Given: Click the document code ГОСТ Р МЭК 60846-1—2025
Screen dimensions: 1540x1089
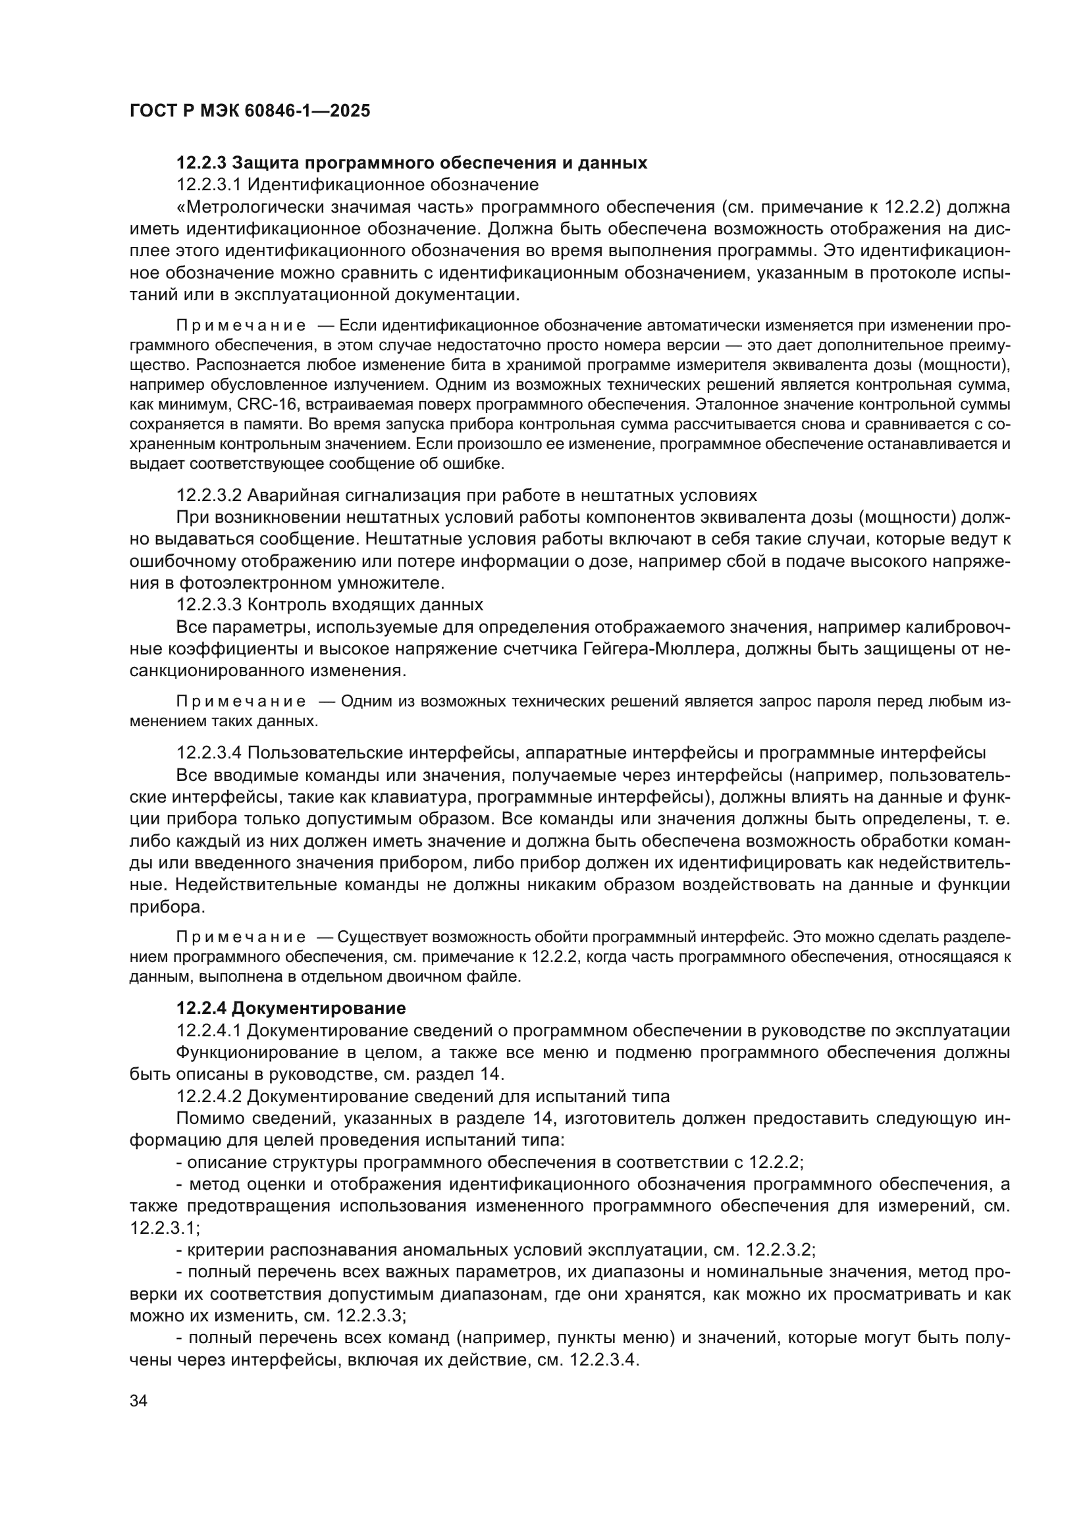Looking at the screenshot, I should click(250, 111).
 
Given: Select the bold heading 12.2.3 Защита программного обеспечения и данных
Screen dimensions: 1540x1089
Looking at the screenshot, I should click(412, 163).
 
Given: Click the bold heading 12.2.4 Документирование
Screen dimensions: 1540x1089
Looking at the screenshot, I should click(291, 1008).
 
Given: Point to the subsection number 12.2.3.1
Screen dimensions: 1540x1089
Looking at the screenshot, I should click(209, 184).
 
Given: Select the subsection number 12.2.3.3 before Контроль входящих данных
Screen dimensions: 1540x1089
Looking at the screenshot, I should click(209, 604).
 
